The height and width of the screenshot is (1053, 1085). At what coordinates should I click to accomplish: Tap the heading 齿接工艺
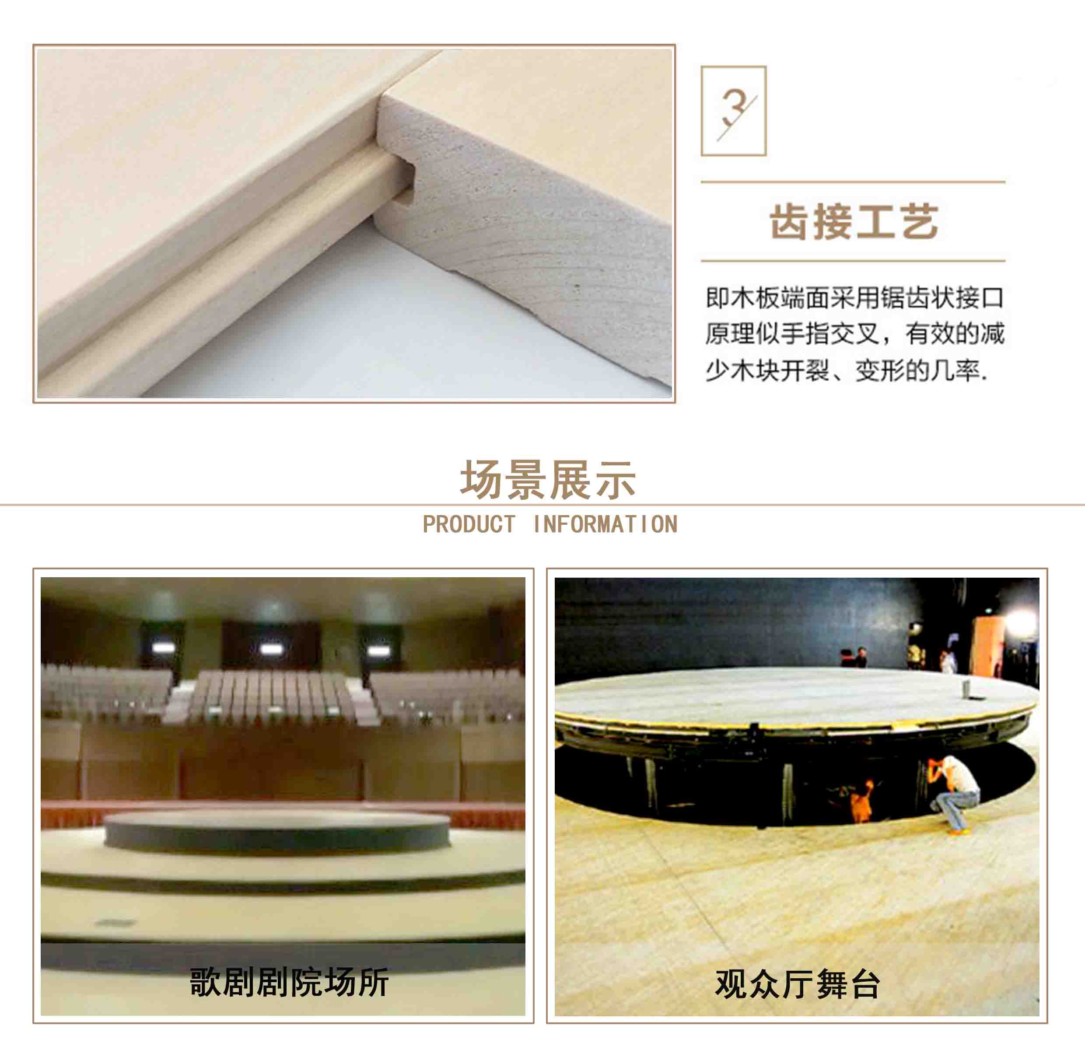point(854,222)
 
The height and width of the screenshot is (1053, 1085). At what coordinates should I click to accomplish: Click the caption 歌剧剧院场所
point(289,983)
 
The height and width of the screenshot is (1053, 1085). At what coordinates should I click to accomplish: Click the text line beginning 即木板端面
point(854,298)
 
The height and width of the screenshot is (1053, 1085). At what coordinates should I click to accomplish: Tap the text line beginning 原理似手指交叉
point(854,334)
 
